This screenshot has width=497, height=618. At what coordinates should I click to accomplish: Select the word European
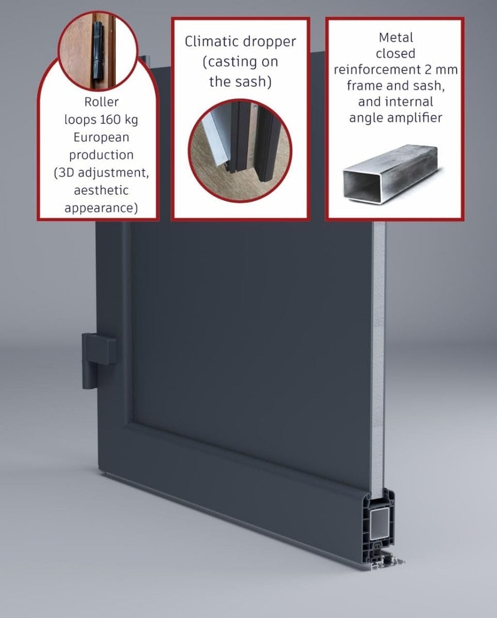coord(100,137)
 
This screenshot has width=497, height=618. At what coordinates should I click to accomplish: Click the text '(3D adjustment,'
coord(101,173)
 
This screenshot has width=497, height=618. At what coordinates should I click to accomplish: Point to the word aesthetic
coord(101,190)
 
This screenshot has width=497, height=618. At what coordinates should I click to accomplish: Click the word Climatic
coord(212,42)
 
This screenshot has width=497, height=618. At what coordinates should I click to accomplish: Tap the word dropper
coord(269,42)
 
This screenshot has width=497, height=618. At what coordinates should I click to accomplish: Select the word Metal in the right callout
coord(396,37)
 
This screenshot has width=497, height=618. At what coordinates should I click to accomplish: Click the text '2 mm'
coord(444,69)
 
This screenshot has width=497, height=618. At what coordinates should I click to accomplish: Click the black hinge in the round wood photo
coord(98,51)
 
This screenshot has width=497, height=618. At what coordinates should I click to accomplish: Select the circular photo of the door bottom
coord(240,150)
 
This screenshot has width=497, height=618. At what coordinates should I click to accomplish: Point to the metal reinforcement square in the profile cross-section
coord(379,523)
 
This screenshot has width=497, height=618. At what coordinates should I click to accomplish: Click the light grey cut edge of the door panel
coord(379,362)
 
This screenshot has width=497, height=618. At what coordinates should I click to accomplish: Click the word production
coord(101,154)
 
